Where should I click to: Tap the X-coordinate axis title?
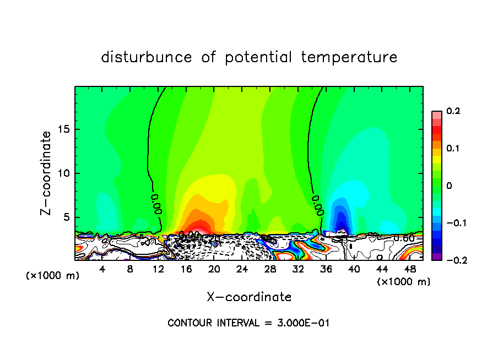[x=249, y=297]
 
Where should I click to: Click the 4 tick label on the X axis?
[x=102, y=269]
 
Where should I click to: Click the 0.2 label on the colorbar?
[x=453, y=111]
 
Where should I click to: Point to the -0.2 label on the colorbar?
[x=453, y=260]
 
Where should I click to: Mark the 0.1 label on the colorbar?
[x=453, y=149]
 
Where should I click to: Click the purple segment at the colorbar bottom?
[x=436, y=257]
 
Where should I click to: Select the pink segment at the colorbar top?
[x=436, y=114]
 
